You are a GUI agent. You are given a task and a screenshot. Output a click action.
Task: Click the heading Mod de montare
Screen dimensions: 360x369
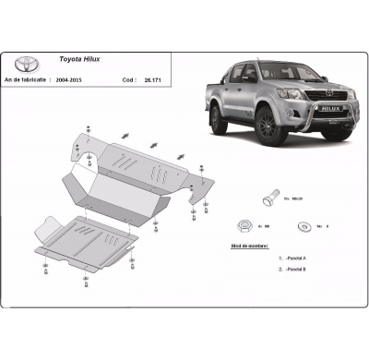[x=249, y=247]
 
